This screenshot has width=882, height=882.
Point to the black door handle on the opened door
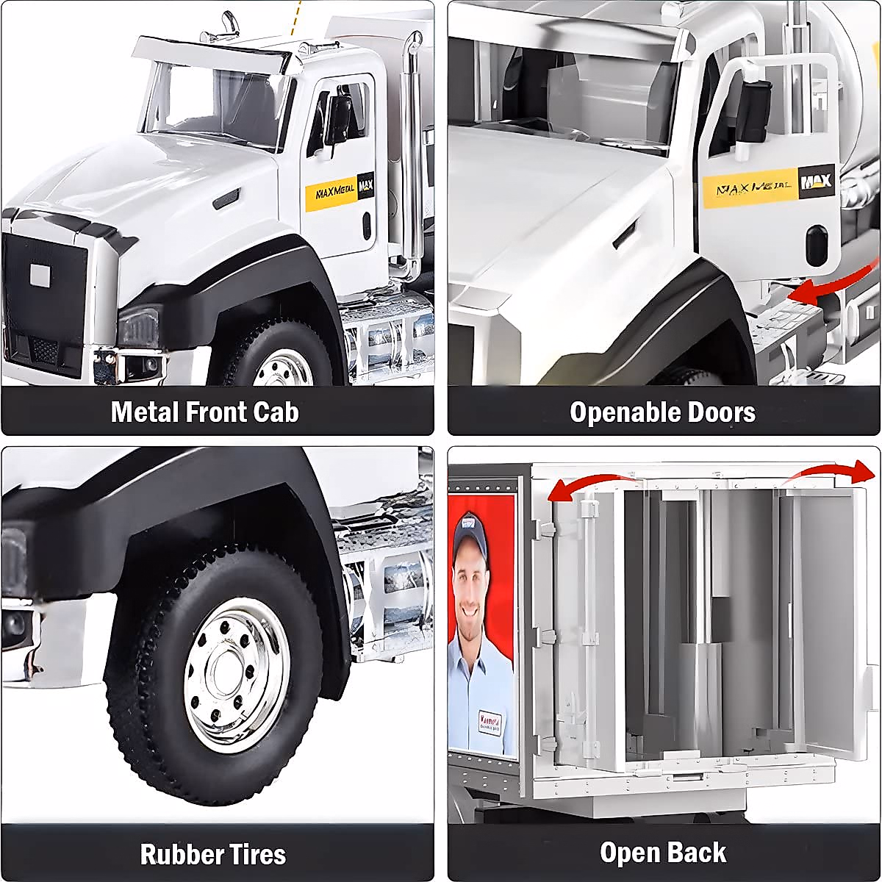tap(816, 245)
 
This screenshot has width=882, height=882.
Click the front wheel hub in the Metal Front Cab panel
tap(284, 369)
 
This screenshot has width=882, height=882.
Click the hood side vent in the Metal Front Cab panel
tap(226, 198)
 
